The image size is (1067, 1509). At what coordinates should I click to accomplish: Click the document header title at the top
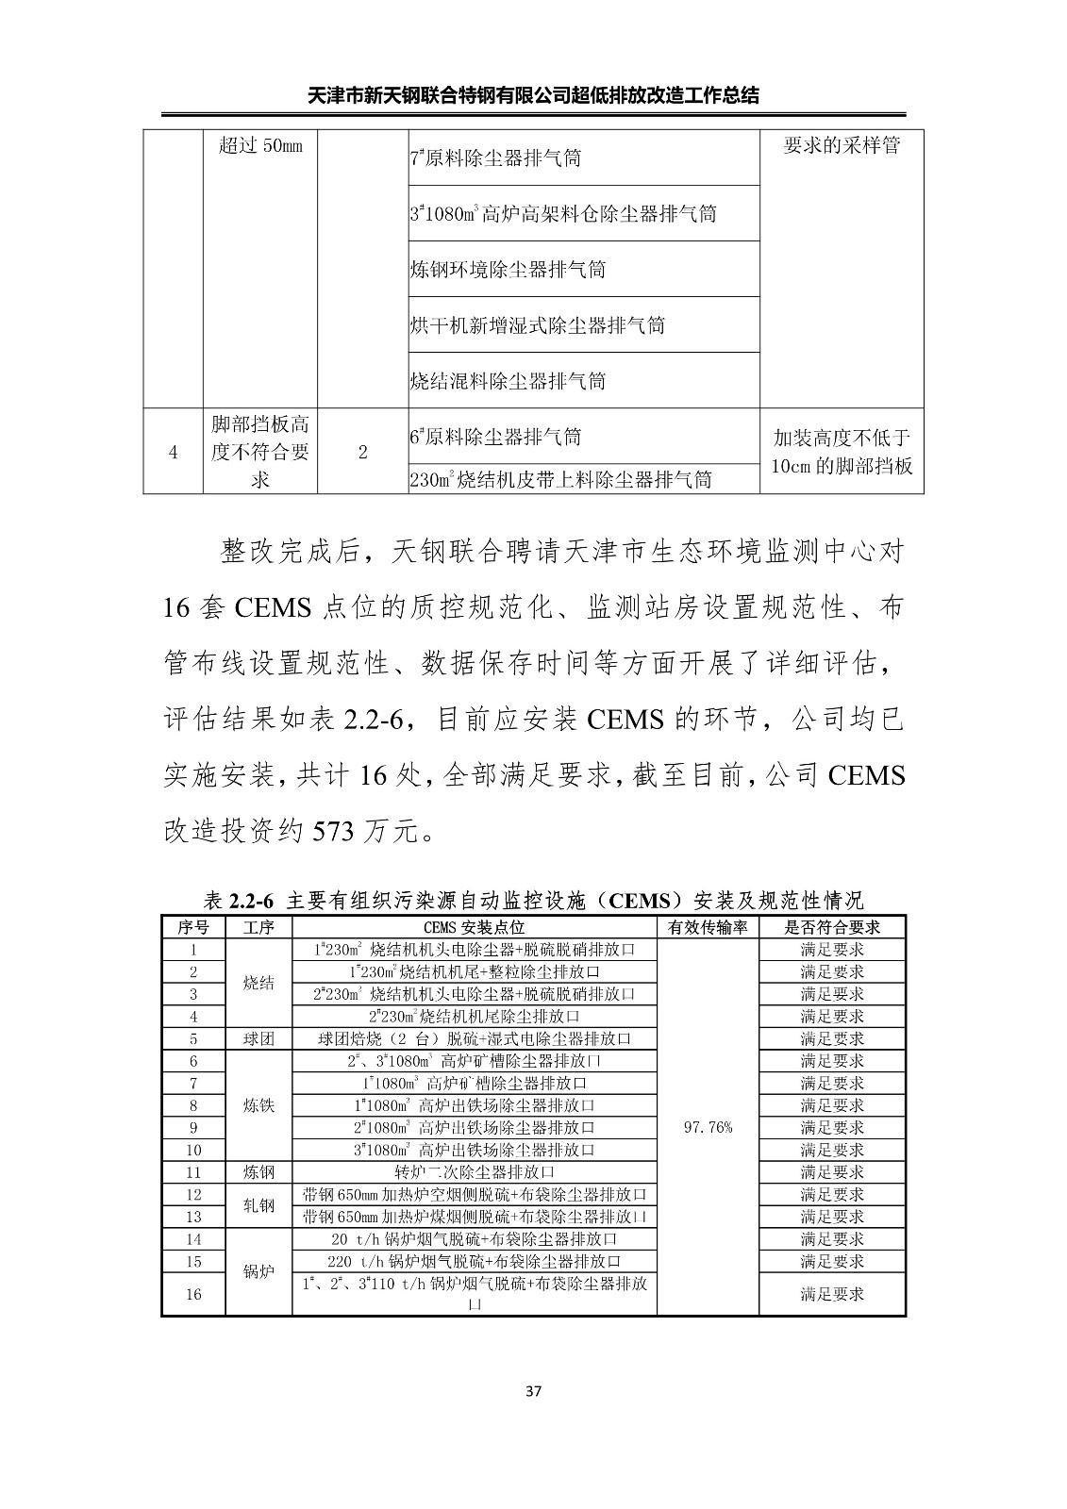(x=534, y=95)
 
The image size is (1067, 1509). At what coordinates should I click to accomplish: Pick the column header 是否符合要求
(x=832, y=927)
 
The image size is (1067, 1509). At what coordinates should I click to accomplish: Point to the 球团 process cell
(x=258, y=1038)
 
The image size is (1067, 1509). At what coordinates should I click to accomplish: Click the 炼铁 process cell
(x=258, y=1105)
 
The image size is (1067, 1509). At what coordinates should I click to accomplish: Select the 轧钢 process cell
(x=258, y=1205)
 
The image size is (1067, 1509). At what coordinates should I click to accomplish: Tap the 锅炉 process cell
(x=258, y=1271)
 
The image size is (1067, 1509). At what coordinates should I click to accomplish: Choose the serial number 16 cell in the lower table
(x=193, y=1294)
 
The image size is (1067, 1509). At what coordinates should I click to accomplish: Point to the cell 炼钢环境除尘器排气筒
(x=508, y=270)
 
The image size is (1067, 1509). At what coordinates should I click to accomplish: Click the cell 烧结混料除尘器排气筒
(x=508, y=381)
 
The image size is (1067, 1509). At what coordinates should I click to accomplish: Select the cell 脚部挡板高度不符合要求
(x=260, y=452)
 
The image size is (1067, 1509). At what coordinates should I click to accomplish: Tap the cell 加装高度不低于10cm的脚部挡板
(x=842, y=452)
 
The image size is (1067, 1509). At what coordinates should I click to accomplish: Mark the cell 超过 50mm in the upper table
(x=260, y=147)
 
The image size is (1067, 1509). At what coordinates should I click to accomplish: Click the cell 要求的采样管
(x=842, y=147)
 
